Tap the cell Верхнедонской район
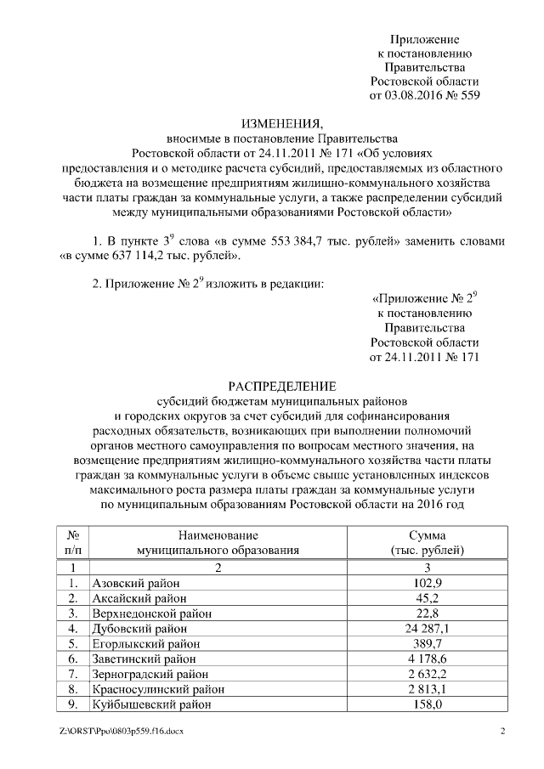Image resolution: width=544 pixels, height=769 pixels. coord(150,614)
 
